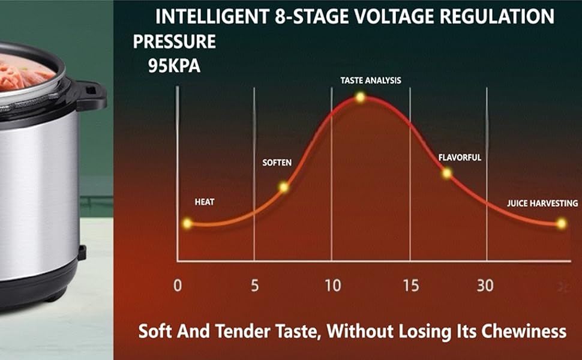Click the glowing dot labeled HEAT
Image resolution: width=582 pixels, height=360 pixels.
pyautogui.click(x=187, y=224)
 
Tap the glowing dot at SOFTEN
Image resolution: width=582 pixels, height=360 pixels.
pyautogui.click(x=284, y=187)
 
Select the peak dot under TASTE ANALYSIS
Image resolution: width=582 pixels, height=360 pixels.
pyautogui.click(x=360, y=97)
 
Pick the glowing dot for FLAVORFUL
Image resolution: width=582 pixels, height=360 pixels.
pyautogui.click(x=447, y=173)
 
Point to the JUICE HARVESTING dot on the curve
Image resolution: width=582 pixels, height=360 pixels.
pyautogui.click(x=561, y=224)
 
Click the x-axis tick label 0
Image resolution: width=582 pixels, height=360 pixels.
pyautogui.click(x=178, y=286)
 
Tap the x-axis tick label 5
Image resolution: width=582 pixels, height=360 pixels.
pyautogui.click(x=255, y=286)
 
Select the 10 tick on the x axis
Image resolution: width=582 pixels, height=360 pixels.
pyautogui.click(x=332, y=286)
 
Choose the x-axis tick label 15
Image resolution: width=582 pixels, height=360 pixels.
pyautogui.click(x=410, y=286)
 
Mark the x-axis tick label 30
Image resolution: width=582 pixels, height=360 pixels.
pyautogui.click(x=485, y=286)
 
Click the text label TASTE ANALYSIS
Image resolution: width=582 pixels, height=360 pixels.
pyautogui.click(x=371, y=80)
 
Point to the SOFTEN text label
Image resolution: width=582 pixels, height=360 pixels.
pyautogui.click(x=277, y=163)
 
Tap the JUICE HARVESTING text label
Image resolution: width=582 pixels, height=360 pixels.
pyautogui.click(x=542, y=203)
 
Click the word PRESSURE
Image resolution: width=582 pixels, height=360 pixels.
pyautogui.click(x=175, y=42)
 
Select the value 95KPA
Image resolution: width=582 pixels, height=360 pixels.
pyautogui.click(x=174, y=65)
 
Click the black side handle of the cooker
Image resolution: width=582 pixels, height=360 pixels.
pyautogui.click(x=92, y=95)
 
